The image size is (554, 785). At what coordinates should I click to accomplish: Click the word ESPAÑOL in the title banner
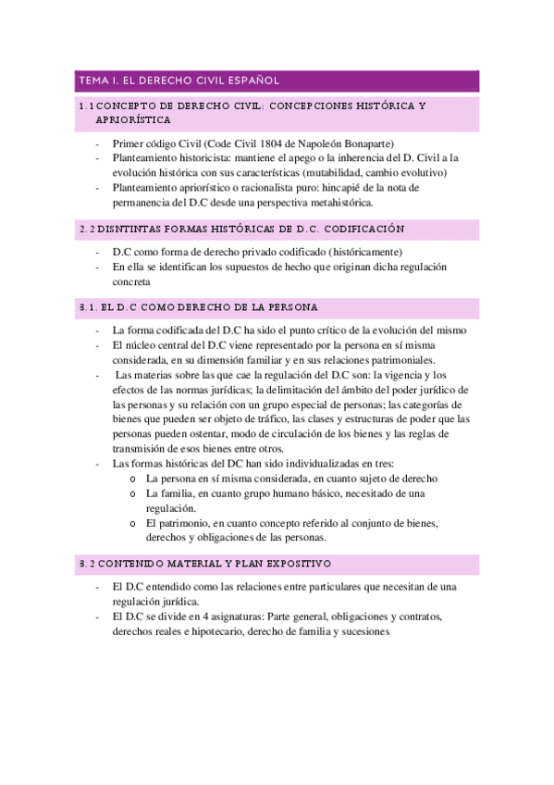pos(246,81)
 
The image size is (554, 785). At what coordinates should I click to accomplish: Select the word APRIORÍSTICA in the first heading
pos(132,120)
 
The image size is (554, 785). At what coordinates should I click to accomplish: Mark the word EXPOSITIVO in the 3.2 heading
pos(291,564)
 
